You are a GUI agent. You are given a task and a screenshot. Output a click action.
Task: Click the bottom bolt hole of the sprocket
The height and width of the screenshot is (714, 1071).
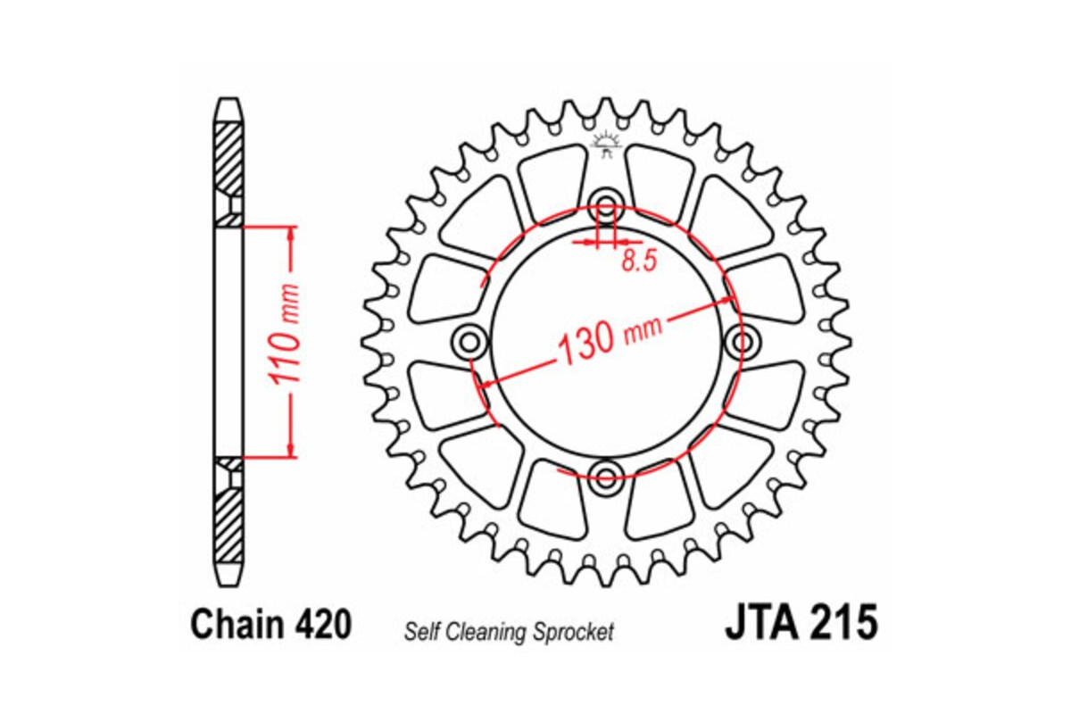coord(607,476)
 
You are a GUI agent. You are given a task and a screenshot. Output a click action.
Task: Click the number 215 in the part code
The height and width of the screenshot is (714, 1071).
coord(844,623)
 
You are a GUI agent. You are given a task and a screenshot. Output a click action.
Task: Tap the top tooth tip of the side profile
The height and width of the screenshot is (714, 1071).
coord(228,100)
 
